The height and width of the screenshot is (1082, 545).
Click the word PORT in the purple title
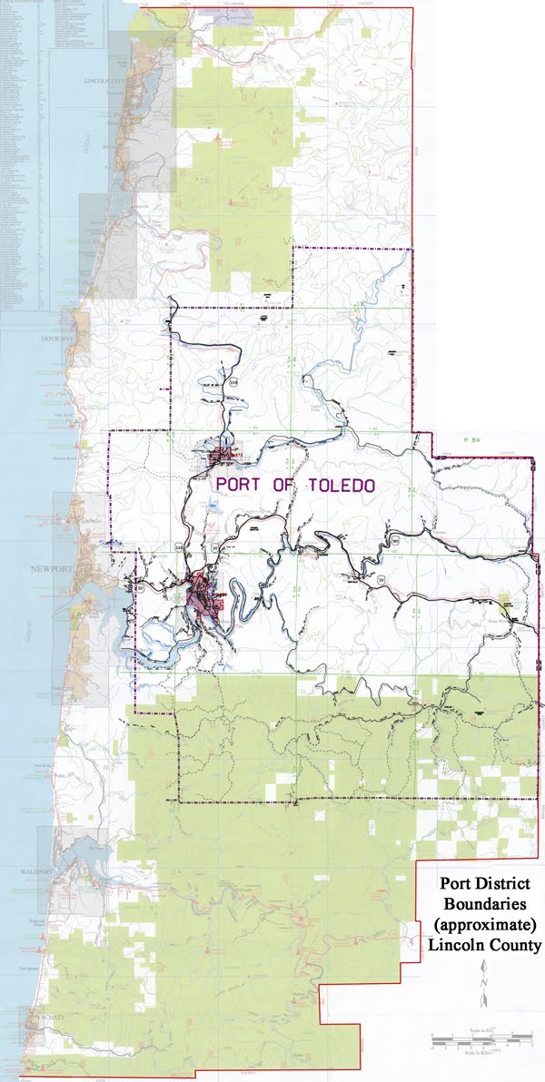(241, 485)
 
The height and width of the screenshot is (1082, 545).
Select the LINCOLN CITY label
(96, 80)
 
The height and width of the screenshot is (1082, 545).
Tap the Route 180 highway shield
(370, 541)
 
